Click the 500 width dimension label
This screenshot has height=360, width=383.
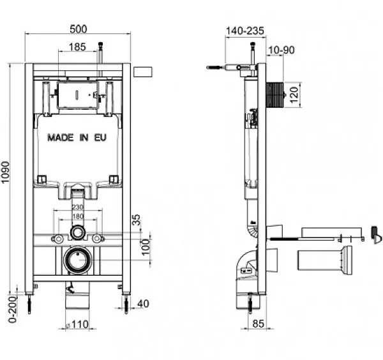point(79,29)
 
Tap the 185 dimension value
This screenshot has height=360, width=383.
point(77,47)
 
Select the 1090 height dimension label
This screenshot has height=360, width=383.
point(5,172)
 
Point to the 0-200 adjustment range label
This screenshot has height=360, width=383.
point(13,309)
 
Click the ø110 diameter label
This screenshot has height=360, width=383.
point(78,324)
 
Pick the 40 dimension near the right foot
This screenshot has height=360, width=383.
point(143,304)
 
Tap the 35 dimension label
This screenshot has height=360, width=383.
point(136,220)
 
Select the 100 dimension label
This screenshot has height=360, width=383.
point(146,247)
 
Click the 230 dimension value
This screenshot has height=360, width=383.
point(78,207)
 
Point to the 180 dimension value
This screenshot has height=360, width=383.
point(78,216)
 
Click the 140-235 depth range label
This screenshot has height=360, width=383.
point(245,31)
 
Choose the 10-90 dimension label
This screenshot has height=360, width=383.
point(282,50)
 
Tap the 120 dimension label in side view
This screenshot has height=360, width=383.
point(294,94)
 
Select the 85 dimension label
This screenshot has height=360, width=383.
point(258,324)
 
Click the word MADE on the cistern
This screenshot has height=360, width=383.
point(61,138)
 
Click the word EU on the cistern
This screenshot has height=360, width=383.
point(100,138)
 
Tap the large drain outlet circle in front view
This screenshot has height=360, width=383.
point(78,259)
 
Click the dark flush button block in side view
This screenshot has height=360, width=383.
point(274,94)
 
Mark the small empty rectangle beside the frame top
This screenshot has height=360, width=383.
point(143,72)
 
